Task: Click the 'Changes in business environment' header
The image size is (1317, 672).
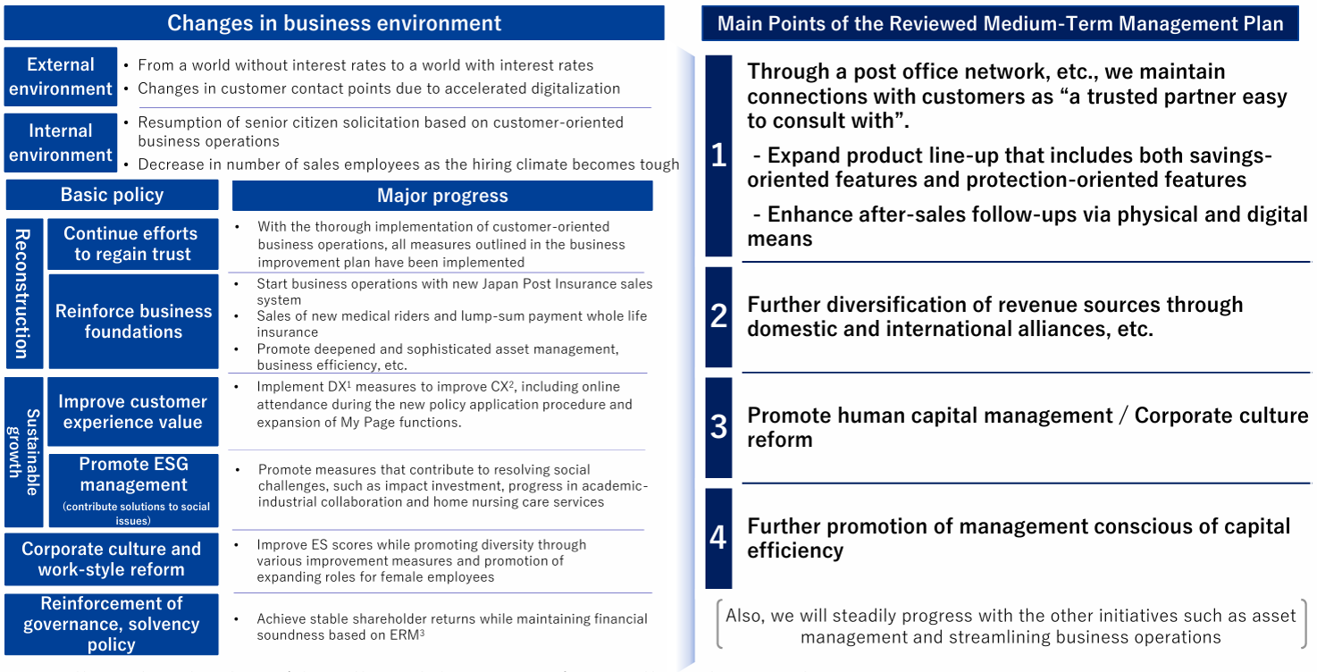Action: [x=334, y=22]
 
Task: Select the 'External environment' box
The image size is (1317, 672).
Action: [x=61, y=77]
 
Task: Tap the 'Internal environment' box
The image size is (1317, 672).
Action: [x=61, y=143]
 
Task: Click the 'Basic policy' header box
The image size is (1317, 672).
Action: [x=112, y=195]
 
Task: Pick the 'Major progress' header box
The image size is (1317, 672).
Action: [x=442, y=196]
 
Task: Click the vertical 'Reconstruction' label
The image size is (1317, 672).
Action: [x=22, y=293]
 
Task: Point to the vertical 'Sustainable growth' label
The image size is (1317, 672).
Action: [x=24, y=451]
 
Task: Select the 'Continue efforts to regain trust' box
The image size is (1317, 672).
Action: [x=132, y=244]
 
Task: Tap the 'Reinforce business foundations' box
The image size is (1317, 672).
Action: [x=133, y=321]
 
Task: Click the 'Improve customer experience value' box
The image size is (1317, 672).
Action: [x=132, y=412]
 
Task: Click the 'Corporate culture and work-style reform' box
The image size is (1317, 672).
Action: [x=111, y=559]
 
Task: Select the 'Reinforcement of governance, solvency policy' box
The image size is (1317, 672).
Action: [x=111, y=624]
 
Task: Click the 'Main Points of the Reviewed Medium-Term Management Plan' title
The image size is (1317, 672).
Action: [x=1000, y=23]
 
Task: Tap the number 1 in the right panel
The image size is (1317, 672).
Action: [x=718, y=156]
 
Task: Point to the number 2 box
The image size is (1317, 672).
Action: [x=718, y=316]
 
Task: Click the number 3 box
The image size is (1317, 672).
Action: [x=718, y=427]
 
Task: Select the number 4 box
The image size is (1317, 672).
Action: [x=718, y=538]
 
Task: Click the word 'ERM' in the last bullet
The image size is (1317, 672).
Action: [x=399, y=635]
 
